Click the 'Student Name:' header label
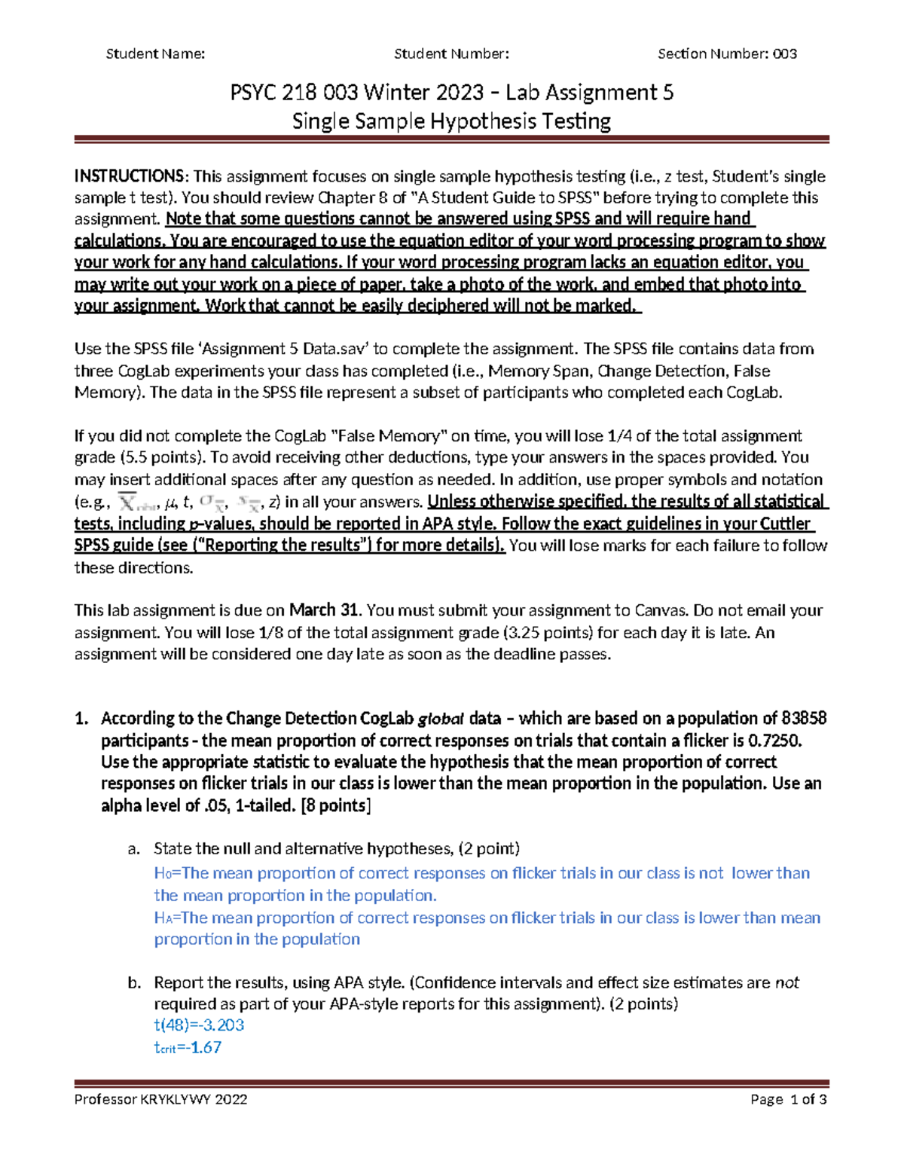pos(155,53)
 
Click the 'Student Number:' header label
pos(451,53)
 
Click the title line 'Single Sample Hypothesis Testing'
pos(451,121)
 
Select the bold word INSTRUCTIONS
pos(128,176)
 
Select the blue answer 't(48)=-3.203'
pos(199,1025)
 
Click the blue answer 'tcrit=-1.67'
pos(188,1047)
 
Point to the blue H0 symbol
pos(163,873)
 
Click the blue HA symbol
pos(163,918)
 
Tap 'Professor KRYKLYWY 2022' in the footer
pos(160,1099)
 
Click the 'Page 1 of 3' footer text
pos(788,1099)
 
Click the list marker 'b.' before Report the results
pos(134,982)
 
